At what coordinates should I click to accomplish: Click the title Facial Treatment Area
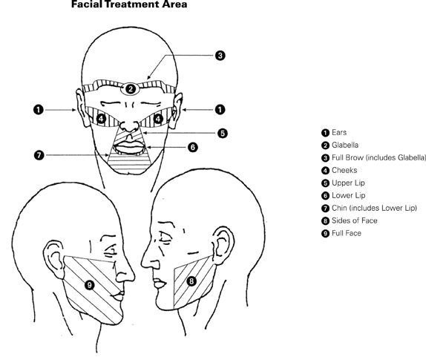pos(129,4)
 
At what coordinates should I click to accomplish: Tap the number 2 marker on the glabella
pos(131,89)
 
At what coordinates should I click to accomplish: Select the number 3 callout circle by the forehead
pos(220,56)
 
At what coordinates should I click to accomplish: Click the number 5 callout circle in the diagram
pos(223,134)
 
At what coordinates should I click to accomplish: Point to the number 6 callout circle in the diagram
pos(193,147)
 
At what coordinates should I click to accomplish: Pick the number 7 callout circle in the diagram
pos(39,155)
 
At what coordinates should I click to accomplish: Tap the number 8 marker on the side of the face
pos(191,281)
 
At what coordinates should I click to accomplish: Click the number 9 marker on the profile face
pos(89,285)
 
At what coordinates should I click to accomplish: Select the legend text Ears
pos(339,133)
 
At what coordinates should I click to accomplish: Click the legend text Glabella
pos(345,145)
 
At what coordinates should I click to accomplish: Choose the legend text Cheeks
pos(344,171)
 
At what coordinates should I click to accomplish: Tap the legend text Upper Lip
pos(348,183)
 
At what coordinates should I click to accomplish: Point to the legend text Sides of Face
pos(355,220)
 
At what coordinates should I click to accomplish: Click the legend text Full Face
pos(347,233)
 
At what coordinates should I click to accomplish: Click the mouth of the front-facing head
pos(129,148)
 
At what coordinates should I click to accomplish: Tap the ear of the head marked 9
pos(55,258)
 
